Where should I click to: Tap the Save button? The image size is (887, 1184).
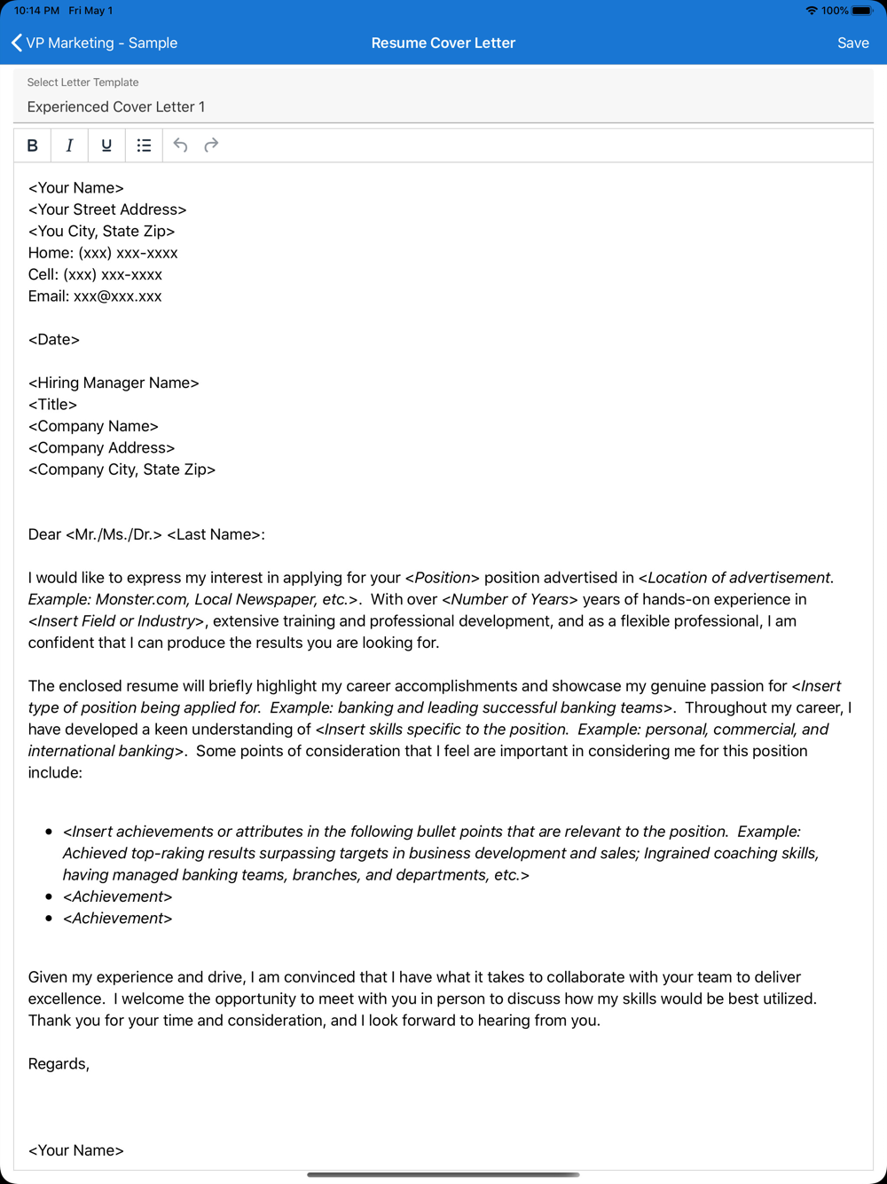pos(852,43)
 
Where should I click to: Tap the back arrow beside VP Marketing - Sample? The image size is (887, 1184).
pos(16,43)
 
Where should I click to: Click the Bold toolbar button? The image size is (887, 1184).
pos(33,146)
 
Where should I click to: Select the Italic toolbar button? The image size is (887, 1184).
pos(69,146)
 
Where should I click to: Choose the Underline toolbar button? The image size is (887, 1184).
pos(106,146)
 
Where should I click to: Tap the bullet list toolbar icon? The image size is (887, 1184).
pos(144,146)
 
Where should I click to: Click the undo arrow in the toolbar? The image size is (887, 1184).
pos(180,146)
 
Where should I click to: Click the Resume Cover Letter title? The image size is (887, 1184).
pos(443,43)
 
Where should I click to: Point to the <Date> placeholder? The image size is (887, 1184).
pos(54,340)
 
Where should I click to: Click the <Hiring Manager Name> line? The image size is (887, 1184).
pos(114,383)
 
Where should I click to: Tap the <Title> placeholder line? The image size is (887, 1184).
pos(52,405)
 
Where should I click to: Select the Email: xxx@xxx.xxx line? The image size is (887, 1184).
pos(95,296)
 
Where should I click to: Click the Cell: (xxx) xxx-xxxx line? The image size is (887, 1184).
pos(95,274)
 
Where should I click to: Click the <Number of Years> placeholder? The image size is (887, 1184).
pos(509,600)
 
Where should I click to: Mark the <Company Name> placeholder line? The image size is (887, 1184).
pos(93,426)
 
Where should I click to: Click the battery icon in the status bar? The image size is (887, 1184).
pos(862,11)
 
